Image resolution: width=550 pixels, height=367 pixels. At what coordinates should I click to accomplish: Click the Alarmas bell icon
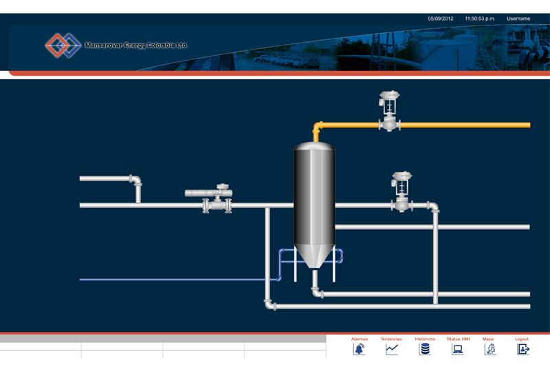(359, 349)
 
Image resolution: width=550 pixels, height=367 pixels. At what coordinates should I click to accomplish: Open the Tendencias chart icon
(391, 349)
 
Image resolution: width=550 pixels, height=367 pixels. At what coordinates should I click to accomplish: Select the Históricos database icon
(425, 349)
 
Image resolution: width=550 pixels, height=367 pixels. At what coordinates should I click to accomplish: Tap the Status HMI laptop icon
(457, 349)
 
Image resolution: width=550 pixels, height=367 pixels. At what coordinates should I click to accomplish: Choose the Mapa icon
(489, 349)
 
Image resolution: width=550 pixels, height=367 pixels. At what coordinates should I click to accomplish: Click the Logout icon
(523, 349)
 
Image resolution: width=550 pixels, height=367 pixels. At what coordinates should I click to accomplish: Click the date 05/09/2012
(441, 19)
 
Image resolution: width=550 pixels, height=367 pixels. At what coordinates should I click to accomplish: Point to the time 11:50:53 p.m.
(480, 19)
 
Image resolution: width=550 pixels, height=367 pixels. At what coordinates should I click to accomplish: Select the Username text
(518, 19)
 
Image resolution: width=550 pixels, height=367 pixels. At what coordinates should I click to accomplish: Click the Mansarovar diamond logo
(63, 45)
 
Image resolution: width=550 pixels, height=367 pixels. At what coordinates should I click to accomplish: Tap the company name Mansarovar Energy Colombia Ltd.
(135, 45)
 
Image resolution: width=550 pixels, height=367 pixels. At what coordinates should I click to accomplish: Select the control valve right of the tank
(401, 192)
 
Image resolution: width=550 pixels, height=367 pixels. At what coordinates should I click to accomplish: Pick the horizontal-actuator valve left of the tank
(214, 198)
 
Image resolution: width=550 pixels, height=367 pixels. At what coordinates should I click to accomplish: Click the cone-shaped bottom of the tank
(314, 258)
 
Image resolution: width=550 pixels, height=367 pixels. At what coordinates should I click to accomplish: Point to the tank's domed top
(314, 147)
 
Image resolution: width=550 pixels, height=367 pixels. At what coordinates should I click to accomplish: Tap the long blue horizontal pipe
(172, 280)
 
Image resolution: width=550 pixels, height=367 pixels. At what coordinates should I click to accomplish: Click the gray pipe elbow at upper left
(136, 180)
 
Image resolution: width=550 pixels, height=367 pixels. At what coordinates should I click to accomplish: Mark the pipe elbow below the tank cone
(316, 292)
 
